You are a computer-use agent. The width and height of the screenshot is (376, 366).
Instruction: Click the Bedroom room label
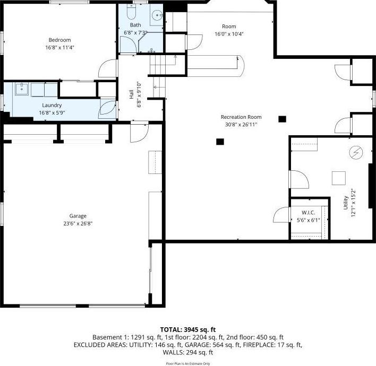click(x=59, y=40)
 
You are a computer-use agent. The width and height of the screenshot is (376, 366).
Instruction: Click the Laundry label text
click(x=52, y=105)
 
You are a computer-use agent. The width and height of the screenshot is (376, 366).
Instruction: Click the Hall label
click(x=131, y=94)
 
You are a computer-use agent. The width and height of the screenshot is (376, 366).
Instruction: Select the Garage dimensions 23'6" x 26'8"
click(x=78, y=223)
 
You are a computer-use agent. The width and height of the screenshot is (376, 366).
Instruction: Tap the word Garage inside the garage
click(x=78, y=216)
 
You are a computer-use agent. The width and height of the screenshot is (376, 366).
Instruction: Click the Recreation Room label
click(x=241, y=117)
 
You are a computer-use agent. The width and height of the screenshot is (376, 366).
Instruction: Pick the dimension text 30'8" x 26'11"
click(x=241, y=124)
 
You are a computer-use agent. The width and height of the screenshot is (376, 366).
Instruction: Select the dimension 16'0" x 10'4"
click(x=229, y=34)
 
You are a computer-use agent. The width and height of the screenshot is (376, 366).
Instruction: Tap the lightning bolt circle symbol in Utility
click(x=355, y=153)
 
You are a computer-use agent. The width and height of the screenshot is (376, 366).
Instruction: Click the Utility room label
click(x=346, y=203)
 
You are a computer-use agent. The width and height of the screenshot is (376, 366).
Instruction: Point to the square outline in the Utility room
click(x=338, y=177)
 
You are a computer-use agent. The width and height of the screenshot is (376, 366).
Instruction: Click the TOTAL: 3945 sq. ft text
click(x=188, y=329)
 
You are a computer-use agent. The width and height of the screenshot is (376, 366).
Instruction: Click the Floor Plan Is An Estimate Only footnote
click(x=188, y=363)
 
